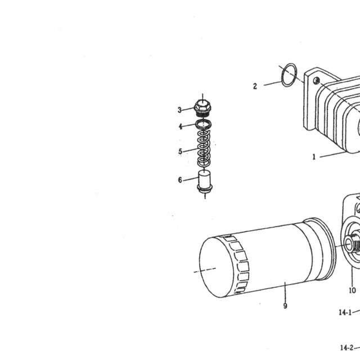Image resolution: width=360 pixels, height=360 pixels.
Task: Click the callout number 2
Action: point(255,86)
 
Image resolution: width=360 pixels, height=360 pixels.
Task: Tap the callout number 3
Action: point(179,110)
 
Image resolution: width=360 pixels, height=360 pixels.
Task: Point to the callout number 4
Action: point(181,127)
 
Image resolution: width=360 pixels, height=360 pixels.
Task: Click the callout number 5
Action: point(180,151)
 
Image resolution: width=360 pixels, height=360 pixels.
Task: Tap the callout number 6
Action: point(180,180)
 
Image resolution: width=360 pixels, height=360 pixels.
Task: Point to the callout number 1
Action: point(314,157)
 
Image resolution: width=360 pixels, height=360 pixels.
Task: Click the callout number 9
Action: point(285,306)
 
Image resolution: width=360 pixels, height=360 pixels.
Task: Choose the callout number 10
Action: point(353,291)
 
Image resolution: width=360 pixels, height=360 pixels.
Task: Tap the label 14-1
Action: point(345,313)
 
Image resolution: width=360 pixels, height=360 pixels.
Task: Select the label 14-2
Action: point(346,348)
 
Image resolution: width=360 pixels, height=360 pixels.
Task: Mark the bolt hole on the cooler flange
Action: point(317,80)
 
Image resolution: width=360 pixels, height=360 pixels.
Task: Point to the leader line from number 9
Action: point(285,292)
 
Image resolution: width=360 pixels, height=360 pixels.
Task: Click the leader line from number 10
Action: point(352,276)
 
